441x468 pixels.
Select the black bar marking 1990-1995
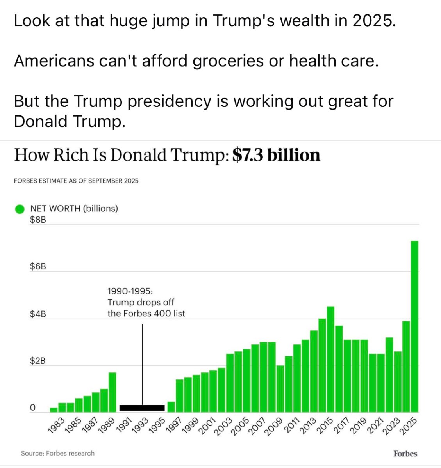tap(142, 408)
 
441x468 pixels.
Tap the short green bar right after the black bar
tap(171, 407)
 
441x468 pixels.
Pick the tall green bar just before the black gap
tap(112, 392)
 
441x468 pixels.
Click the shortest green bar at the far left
tap(54, 410)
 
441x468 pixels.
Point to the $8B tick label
tap(38, 220)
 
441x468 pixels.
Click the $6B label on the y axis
tap(38, 267)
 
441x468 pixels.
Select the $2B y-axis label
tap(38, 361)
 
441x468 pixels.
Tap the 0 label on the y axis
tap(33, 408)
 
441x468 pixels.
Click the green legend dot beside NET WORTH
tap(20, 209)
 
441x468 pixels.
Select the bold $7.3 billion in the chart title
tap(276, 155)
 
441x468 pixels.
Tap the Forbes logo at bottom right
tap(405, 454)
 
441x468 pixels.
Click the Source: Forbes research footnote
tap(58, 453)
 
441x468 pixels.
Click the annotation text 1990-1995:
tap(130, 291)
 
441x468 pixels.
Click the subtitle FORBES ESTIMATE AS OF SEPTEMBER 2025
tap(76, 181)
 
